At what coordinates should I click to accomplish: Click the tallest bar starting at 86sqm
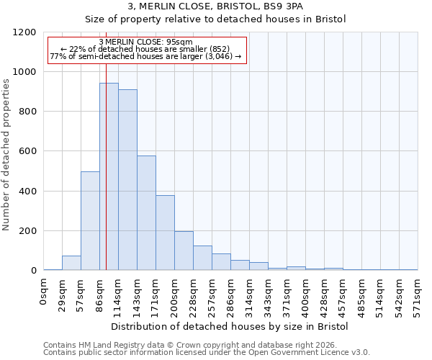click(x=109, y=176)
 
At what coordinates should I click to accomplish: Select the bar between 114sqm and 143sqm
click(x=127, y=180)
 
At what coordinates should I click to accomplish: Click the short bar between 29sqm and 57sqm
click(x=71, y=263)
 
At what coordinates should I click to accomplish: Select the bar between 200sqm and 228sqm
click(x=184, y=251)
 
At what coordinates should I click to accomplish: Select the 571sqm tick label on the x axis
click(x=418, y=294)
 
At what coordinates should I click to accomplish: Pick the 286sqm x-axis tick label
click(x=231, y=294)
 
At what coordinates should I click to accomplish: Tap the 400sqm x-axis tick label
click(x=306, y=294)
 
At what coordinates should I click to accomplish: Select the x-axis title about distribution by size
click(x=230, y=326)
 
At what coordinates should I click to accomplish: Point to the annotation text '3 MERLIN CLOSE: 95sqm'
click(x=146, y=42)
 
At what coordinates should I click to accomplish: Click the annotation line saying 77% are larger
click(x=146, y=56)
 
